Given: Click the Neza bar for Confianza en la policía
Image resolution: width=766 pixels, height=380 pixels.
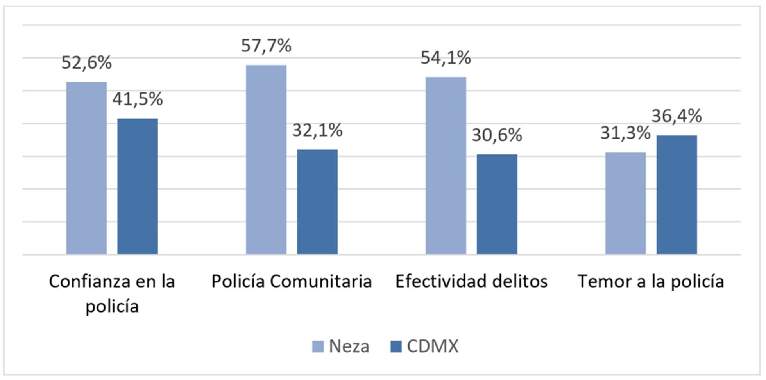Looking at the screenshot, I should click(86, 168).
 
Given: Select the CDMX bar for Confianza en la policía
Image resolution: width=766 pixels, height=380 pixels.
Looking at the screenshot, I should click(138, 186).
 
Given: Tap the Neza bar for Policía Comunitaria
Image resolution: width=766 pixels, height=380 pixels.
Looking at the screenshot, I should click(266, 160).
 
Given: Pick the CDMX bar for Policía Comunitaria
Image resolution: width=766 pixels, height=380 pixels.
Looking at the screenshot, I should click(317, 202).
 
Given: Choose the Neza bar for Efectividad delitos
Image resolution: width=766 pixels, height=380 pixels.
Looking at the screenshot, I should click(446, 166).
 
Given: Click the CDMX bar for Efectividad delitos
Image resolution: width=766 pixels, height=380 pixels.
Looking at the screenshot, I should click(497, 204).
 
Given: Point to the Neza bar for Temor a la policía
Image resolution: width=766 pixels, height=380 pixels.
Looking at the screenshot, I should click(625, 203).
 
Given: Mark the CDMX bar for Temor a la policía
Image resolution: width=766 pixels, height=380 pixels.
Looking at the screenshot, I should click(677, 195).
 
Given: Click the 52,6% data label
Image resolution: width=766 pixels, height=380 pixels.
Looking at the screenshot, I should click(86, 62).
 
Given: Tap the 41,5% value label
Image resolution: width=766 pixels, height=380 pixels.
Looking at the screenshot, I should click(138, 99).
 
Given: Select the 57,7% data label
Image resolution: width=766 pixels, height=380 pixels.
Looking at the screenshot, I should click(266, 46).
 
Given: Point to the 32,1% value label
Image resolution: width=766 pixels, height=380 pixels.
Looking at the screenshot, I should click(317, 130).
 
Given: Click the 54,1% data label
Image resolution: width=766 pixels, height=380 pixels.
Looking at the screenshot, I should click(446, 58).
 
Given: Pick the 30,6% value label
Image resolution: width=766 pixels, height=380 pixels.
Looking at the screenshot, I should click(497, 135).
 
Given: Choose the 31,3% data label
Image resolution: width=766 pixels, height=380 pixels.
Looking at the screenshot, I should click(625, 133).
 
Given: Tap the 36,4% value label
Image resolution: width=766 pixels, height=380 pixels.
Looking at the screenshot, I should click(677, 116).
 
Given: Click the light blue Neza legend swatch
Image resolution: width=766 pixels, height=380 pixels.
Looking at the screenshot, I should click(318, 346).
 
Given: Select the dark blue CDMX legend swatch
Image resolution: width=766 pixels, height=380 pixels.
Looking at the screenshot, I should click(396, 346).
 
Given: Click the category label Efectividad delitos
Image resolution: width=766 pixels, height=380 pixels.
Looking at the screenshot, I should click(471, 281).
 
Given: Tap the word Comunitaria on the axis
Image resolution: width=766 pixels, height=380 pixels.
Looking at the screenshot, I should click(320, 281).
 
